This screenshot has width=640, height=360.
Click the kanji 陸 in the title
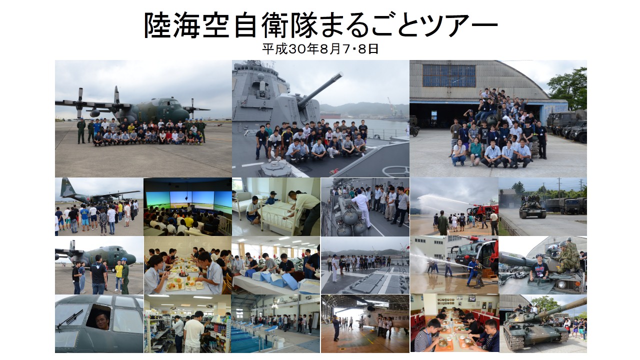tap(157, 25)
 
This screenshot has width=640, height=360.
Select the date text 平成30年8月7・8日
tap(320, 49)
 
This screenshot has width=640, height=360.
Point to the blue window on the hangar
tap(449, 75)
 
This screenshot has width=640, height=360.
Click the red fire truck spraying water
tap(483, 210)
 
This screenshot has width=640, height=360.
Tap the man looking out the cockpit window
tap(101, 319)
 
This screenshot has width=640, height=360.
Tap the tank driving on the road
tap(532, 209)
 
